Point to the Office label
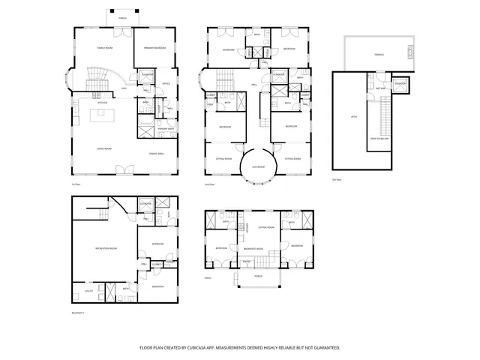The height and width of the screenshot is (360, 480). [166, 83]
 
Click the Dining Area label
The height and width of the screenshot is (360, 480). [157, 152]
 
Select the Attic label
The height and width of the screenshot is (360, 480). [354, 117]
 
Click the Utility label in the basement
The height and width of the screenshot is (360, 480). [88, 289]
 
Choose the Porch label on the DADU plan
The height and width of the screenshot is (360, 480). [258, 275]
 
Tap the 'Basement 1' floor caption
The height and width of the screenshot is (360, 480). [78, 312]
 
